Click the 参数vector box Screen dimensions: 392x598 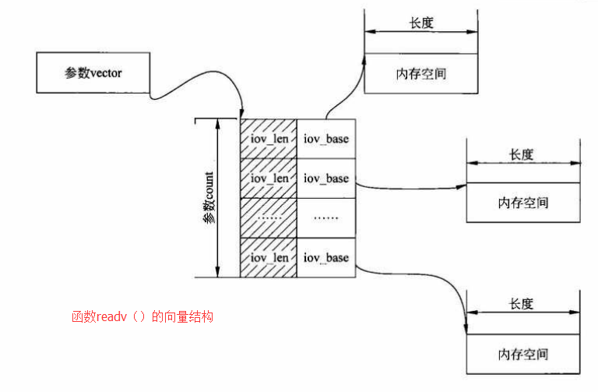(94, 72)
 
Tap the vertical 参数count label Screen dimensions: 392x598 (209, 199)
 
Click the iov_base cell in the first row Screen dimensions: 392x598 (326, 139)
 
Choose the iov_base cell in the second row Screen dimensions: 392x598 (326, 178)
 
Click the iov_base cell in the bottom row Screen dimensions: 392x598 (326, 257)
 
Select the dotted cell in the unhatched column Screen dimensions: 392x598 (326, 218)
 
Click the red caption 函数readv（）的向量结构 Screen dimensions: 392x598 (142, 317)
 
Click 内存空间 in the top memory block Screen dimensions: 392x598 (421, 74)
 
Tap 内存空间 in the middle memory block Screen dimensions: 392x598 (522, 203)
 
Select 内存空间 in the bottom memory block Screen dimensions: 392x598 (522, 354)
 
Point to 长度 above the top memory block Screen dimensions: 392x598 (421, 23)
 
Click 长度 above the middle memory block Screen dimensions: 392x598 (522, 154)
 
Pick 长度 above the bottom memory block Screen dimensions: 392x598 (522, 304)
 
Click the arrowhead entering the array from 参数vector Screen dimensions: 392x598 (243, 115)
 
